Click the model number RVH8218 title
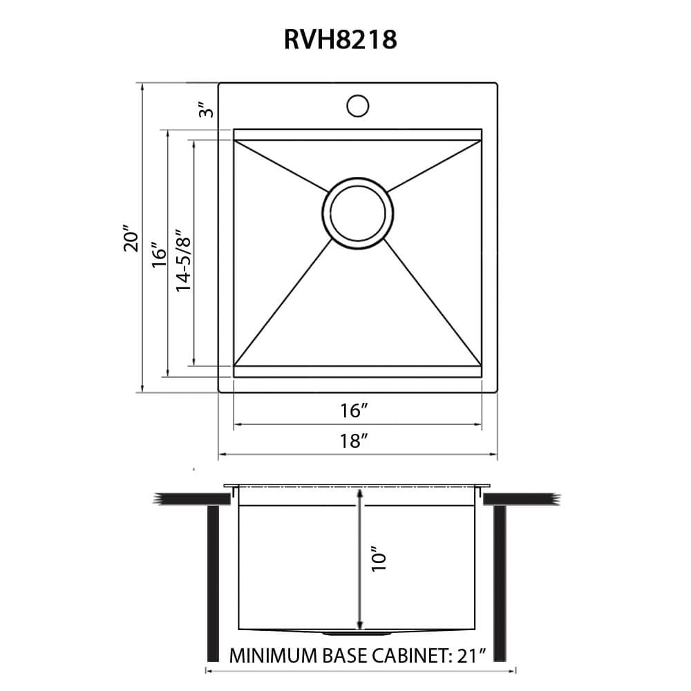[340, 39]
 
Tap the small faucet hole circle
[357, 106]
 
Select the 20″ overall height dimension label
[131, 238]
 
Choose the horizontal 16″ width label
[352, 411]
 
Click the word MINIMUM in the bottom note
[266, 654]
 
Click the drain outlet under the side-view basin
[357, 632]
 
